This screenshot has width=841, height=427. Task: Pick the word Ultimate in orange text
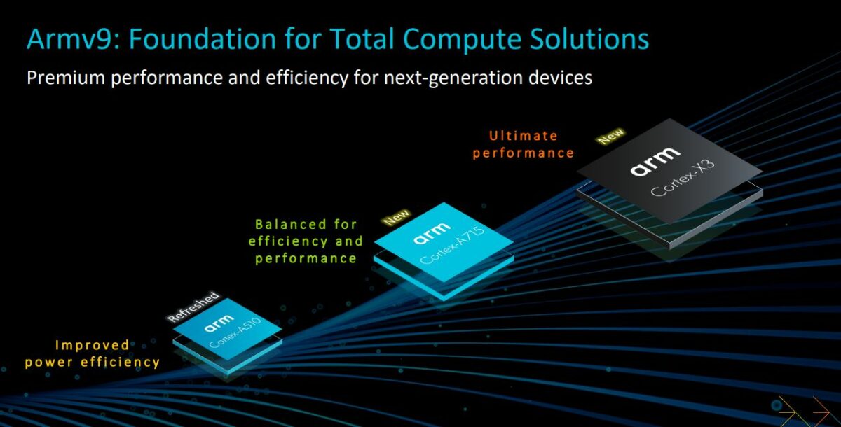click(524, 136)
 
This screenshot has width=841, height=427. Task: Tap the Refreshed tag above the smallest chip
click(193, 307)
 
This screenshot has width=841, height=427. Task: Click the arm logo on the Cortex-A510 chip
click(221, 327)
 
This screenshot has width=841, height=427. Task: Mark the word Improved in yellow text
click(93, 345)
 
